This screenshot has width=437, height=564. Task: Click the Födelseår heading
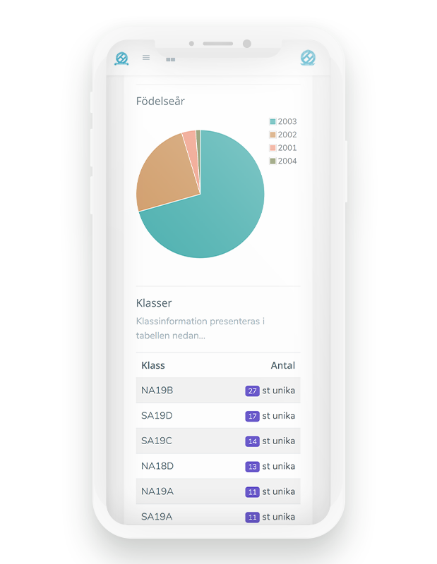click(160, 102)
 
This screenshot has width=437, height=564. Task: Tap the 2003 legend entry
click(283, 121)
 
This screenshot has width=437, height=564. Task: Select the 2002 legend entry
click(283, 135)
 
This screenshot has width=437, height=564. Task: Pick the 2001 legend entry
click(283, 148)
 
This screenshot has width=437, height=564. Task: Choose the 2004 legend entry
click(283, 161)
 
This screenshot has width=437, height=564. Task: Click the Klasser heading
click(154, 303)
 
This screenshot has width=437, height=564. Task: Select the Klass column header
click(153, 365)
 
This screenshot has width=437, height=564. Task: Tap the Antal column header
click(283, 365)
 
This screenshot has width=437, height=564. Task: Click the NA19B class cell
click(157, 391)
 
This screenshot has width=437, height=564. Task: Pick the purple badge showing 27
click(252, 391)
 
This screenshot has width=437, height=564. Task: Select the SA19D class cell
click(157, 416)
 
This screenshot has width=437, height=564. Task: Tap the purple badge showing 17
click(252, 416)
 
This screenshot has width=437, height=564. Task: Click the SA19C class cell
click(157, 441)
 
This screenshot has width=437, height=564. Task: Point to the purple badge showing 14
click(252, 441)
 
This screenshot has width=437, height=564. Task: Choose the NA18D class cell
click(157, 467)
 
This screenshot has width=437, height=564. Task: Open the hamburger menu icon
click(146, 58)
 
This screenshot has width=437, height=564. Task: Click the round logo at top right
click(308, 58)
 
